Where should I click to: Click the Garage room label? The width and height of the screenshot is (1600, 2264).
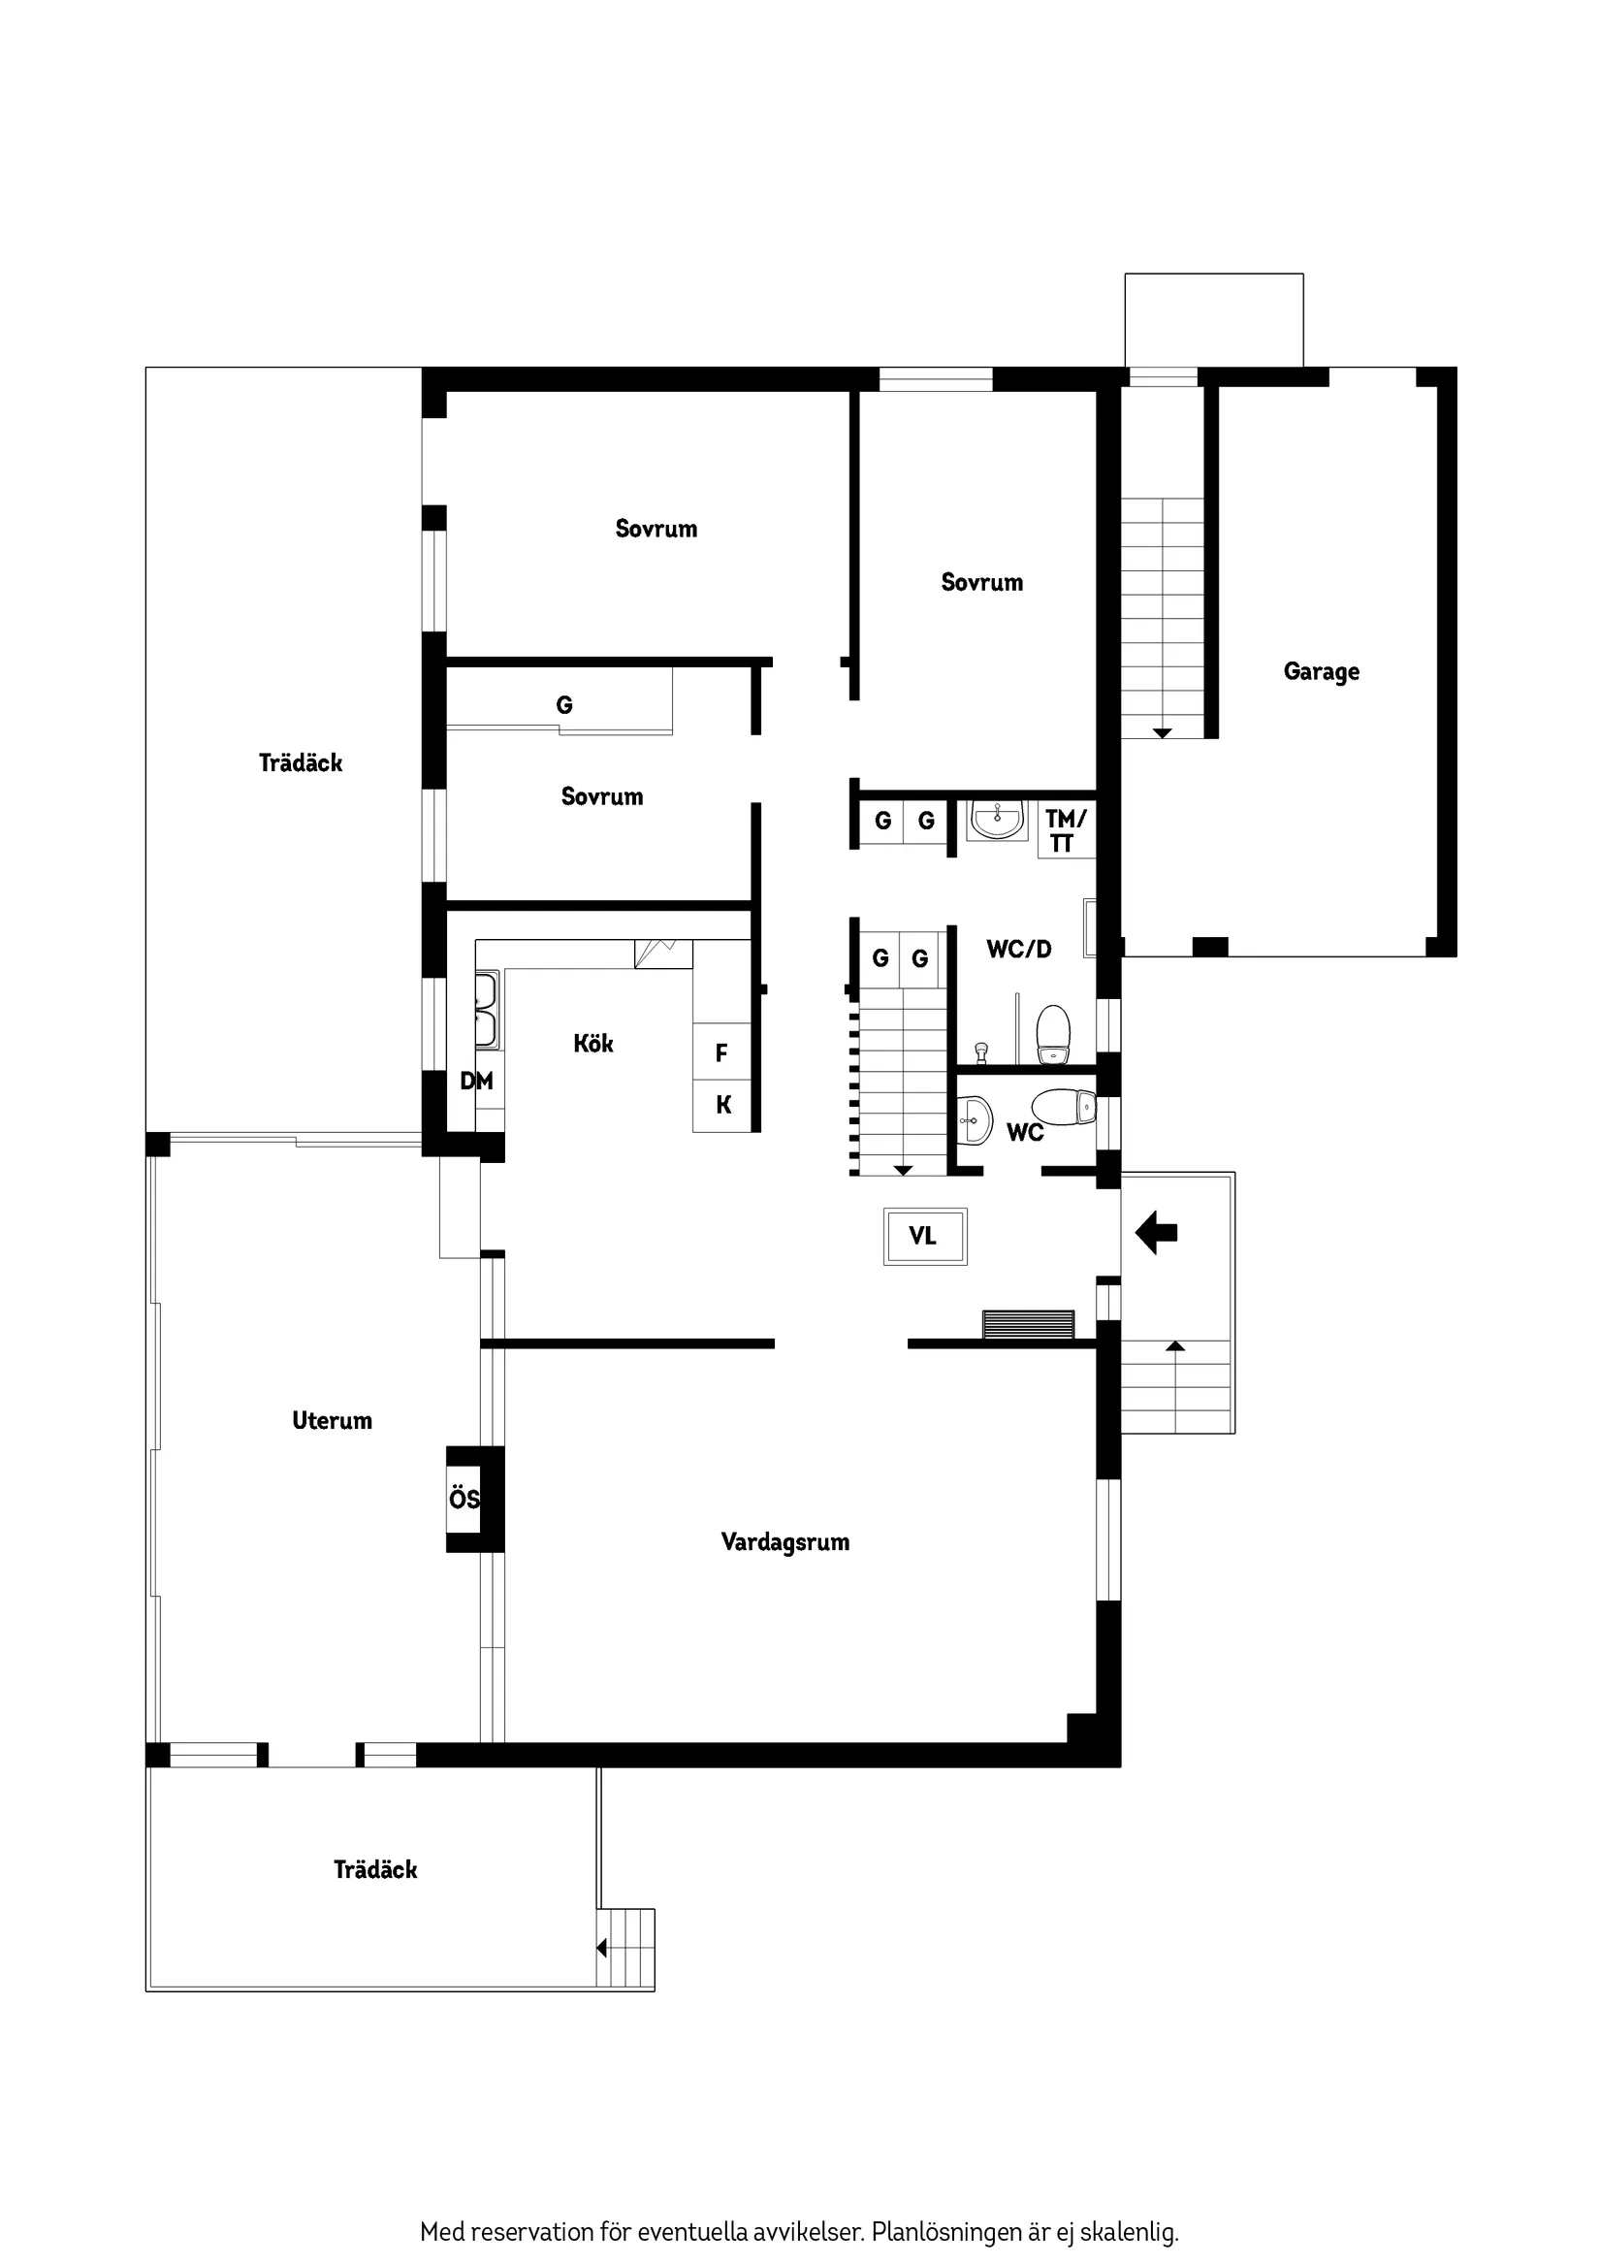click(1321, 671)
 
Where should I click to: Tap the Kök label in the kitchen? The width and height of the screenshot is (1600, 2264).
click(593, 1044)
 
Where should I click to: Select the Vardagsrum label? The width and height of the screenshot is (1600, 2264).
click(784, 1541)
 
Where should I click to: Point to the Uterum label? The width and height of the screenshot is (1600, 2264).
click(333, 1420)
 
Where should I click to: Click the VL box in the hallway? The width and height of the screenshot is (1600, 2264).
click(924, 1236)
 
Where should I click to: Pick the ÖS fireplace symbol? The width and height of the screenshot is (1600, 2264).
click(464, 1499)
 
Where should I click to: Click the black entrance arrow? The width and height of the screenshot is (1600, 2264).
click(1157, 1232)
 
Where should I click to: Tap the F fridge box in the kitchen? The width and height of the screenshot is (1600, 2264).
click(721, 1053)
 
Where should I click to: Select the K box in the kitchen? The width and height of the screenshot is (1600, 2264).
click(722, 1106)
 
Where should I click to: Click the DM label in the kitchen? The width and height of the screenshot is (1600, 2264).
click(476, 1081)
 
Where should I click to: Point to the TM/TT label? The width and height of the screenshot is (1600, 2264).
click(1066, 830)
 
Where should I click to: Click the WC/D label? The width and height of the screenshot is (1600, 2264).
click(1019, 949)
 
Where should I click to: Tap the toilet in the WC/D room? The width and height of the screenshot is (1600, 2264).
click(1053, 1034)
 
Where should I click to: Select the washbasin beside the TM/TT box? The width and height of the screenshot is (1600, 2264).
click(996, 819)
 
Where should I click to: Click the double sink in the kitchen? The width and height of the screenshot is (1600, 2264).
click(486, 1010)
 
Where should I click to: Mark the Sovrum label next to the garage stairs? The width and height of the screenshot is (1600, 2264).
click(982, 582)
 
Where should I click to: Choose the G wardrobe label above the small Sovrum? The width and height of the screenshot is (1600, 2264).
click(564, 705)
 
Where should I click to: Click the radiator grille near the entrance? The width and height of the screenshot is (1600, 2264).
click(1028, 1324)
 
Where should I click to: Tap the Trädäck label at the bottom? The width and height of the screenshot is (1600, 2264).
click(375, 1869)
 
